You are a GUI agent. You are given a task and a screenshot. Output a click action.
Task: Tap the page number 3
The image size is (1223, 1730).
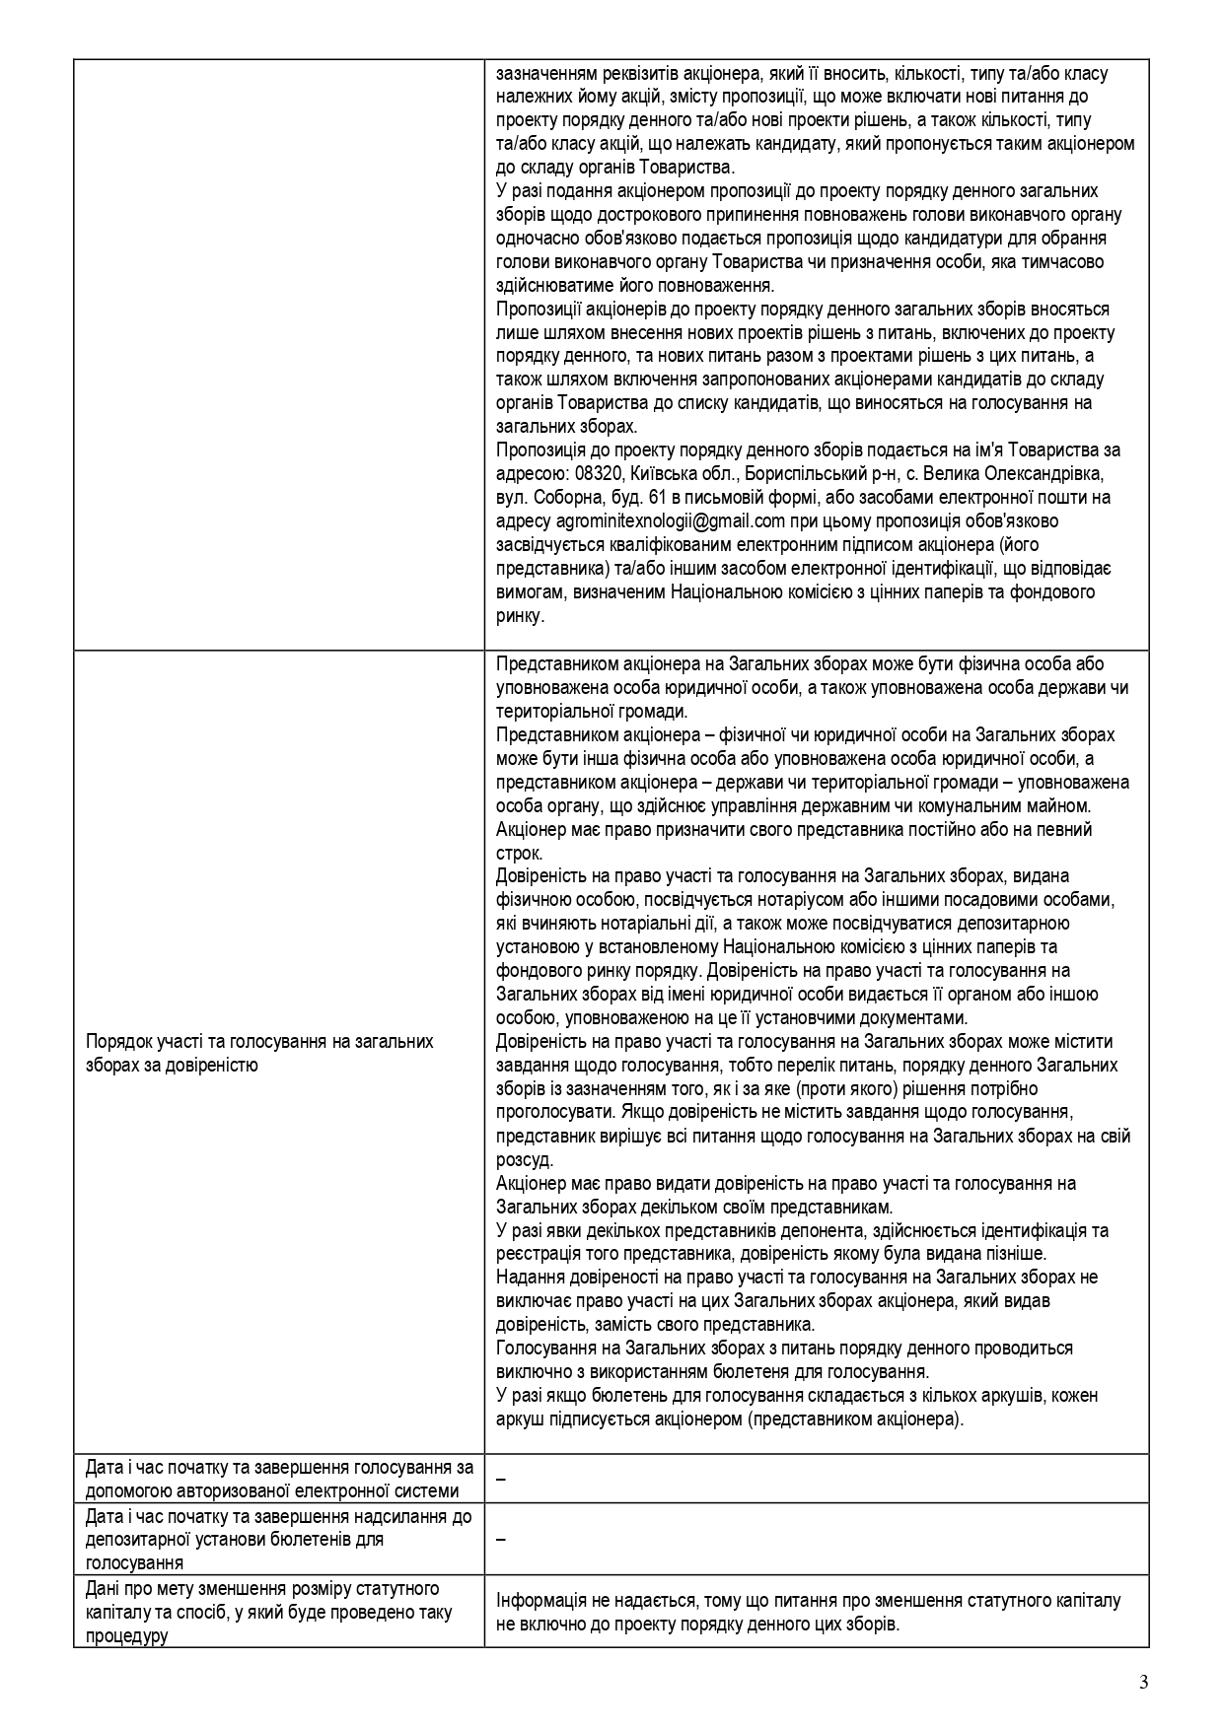tap(1143, 1682)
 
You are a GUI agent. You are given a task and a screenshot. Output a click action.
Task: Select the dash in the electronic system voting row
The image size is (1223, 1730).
tap(501, 1479)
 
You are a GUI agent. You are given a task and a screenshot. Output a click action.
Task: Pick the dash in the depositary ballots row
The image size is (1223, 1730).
tap(501, 1540)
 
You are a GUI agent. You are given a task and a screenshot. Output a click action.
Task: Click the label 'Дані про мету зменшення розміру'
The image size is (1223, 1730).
tap(262, 1589)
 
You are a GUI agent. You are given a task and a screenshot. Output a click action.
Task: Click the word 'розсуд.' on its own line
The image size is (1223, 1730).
tap(525, 1159)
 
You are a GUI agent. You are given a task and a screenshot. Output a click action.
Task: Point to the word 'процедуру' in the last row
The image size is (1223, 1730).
tap(126, 1636)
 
